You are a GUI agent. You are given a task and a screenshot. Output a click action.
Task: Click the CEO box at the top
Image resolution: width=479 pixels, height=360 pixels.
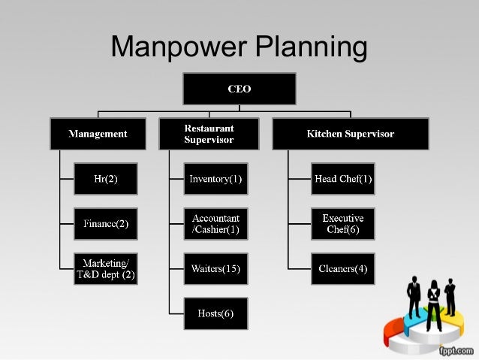coord(239,89)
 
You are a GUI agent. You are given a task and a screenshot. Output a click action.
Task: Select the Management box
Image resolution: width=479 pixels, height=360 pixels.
coord(98,134)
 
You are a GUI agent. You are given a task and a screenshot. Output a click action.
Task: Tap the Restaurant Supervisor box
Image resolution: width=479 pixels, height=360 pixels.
coord(209,134)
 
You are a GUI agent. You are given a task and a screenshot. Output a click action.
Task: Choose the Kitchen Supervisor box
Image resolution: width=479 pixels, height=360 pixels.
coord(350,134)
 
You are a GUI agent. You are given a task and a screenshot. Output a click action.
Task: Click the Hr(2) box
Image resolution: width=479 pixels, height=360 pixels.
coord(105,179)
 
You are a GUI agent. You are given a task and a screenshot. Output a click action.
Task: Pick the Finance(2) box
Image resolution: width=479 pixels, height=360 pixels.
coord(105,224)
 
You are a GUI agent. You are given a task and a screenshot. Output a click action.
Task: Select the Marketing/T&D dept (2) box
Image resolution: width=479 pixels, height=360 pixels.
coord(105,269)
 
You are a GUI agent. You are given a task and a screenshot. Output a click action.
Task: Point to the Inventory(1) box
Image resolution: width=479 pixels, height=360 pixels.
coord(215,179)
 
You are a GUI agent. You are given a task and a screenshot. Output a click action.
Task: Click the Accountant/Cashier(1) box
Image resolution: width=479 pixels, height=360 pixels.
coord(215,224)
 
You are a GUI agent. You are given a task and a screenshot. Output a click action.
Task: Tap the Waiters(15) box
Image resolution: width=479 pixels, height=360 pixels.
coord(215,269)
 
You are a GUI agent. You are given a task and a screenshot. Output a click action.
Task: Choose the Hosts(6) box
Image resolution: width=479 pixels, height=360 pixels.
coord(215,313)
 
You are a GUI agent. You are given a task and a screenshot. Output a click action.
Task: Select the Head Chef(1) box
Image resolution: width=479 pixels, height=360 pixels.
coord(343,179)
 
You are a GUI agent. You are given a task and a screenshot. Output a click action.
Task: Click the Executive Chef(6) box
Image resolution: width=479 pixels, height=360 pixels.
coord(343,224)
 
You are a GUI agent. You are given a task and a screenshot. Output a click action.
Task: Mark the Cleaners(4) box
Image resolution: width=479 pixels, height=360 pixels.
coord(343,269)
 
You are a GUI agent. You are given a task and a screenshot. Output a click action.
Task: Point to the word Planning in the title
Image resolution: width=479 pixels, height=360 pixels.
coord(312,48)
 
